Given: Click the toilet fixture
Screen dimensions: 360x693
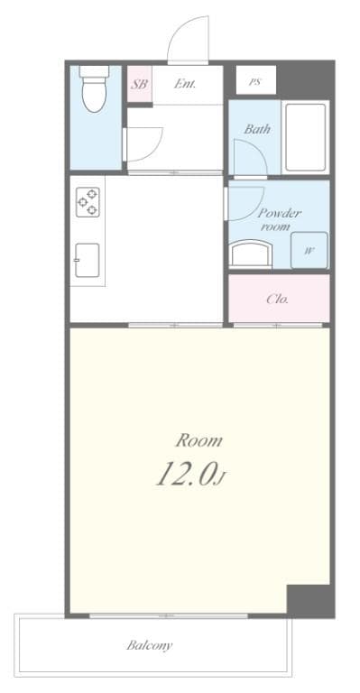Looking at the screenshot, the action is click(95, 88).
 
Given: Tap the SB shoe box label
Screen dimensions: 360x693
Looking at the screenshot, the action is click(139, 84).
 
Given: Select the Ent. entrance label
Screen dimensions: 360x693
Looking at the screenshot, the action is click(185, 84).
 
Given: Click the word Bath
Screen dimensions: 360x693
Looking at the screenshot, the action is click(257, 129).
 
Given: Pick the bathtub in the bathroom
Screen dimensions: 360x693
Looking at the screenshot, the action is click(306, 137).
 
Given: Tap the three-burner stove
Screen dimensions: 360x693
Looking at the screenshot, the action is click(88, 201).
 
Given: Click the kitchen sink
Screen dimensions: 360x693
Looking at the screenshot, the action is click(87, 260).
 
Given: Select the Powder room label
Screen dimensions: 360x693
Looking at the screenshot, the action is click(279, 219).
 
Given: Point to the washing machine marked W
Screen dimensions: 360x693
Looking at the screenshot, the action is click(309, 250).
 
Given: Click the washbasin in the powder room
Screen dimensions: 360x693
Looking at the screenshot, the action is click(251, 254).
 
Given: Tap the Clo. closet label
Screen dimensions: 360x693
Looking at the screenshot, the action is click(277, 300).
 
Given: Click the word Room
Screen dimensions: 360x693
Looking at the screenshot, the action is click(198, 440).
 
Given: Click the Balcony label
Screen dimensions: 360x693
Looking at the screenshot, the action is click(150, 645).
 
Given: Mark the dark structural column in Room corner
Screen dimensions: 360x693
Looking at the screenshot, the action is click(309, 600).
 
